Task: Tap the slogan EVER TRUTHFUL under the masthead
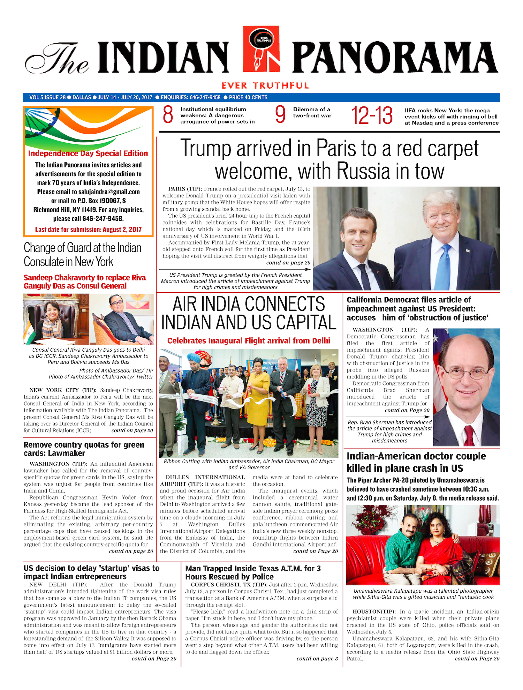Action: click(265, 85)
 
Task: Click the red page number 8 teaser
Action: click(168, 115)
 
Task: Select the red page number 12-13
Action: click(372, 116)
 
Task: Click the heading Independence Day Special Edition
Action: click(88, 153)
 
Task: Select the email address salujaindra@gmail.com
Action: click(109, 192)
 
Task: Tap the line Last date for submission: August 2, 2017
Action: click(88, 230)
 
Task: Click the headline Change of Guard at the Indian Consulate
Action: click(83, 255)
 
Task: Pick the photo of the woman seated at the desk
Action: click(56, 319)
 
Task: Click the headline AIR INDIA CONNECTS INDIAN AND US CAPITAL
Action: click(249, 313)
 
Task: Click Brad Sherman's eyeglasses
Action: click(465, 374)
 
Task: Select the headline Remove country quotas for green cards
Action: click(84, 449)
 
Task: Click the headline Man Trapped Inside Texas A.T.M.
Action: click(253, 572)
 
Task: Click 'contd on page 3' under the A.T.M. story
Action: click(317, 659)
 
